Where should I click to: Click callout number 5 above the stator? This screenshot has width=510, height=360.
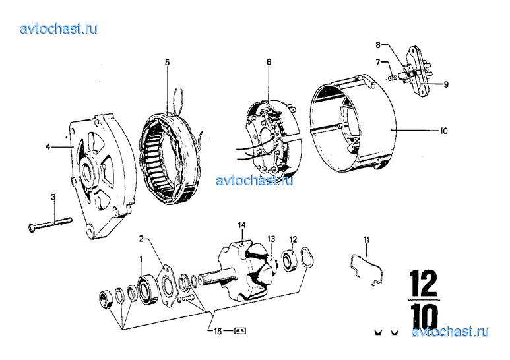pyautogui.click(x=167, y=62)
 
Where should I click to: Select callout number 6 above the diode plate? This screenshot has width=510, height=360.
pyautogui.click(x=269, y=62)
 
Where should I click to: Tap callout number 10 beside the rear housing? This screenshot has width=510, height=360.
pyautogui.click(x=443, y=131)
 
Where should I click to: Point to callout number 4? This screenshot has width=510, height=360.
pyautogui.click(x=48, y=147)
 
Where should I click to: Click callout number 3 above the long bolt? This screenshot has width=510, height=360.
pyautogui.click(x=53, y=197)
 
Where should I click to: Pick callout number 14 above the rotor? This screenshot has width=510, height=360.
pyautogui.click(x=241, y=225)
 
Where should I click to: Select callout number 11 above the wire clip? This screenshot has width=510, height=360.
pyautogui.click(x=367, y=240)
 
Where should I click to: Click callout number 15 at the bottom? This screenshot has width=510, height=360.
pyautogui.click(x=218, y=331)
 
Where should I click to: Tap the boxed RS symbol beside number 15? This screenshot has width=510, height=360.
pyautogui.click(x=240, y=331)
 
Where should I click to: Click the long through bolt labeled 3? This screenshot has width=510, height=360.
pyautogui.click(x=50, y=224)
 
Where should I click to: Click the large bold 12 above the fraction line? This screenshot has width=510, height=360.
pyautogui.click(x=424, y=284)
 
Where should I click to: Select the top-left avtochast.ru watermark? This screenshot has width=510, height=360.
pyautogui.click(x=59, y=29)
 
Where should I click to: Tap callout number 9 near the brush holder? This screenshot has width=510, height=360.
pyautogui.click(x=446, y=84)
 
